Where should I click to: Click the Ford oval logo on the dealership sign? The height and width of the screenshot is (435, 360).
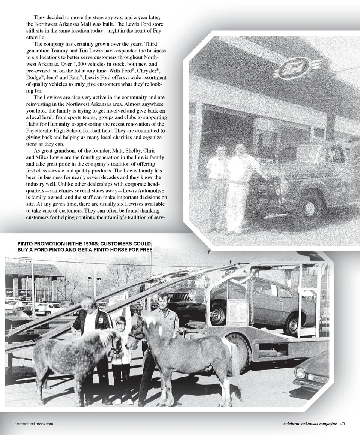[x=294, y=69]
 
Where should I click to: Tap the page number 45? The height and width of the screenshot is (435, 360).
[x=343, y=424]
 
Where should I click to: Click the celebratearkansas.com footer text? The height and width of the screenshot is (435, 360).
[x=31, y=424]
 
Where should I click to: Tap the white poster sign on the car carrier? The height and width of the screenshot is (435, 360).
[x=237, y=311]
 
